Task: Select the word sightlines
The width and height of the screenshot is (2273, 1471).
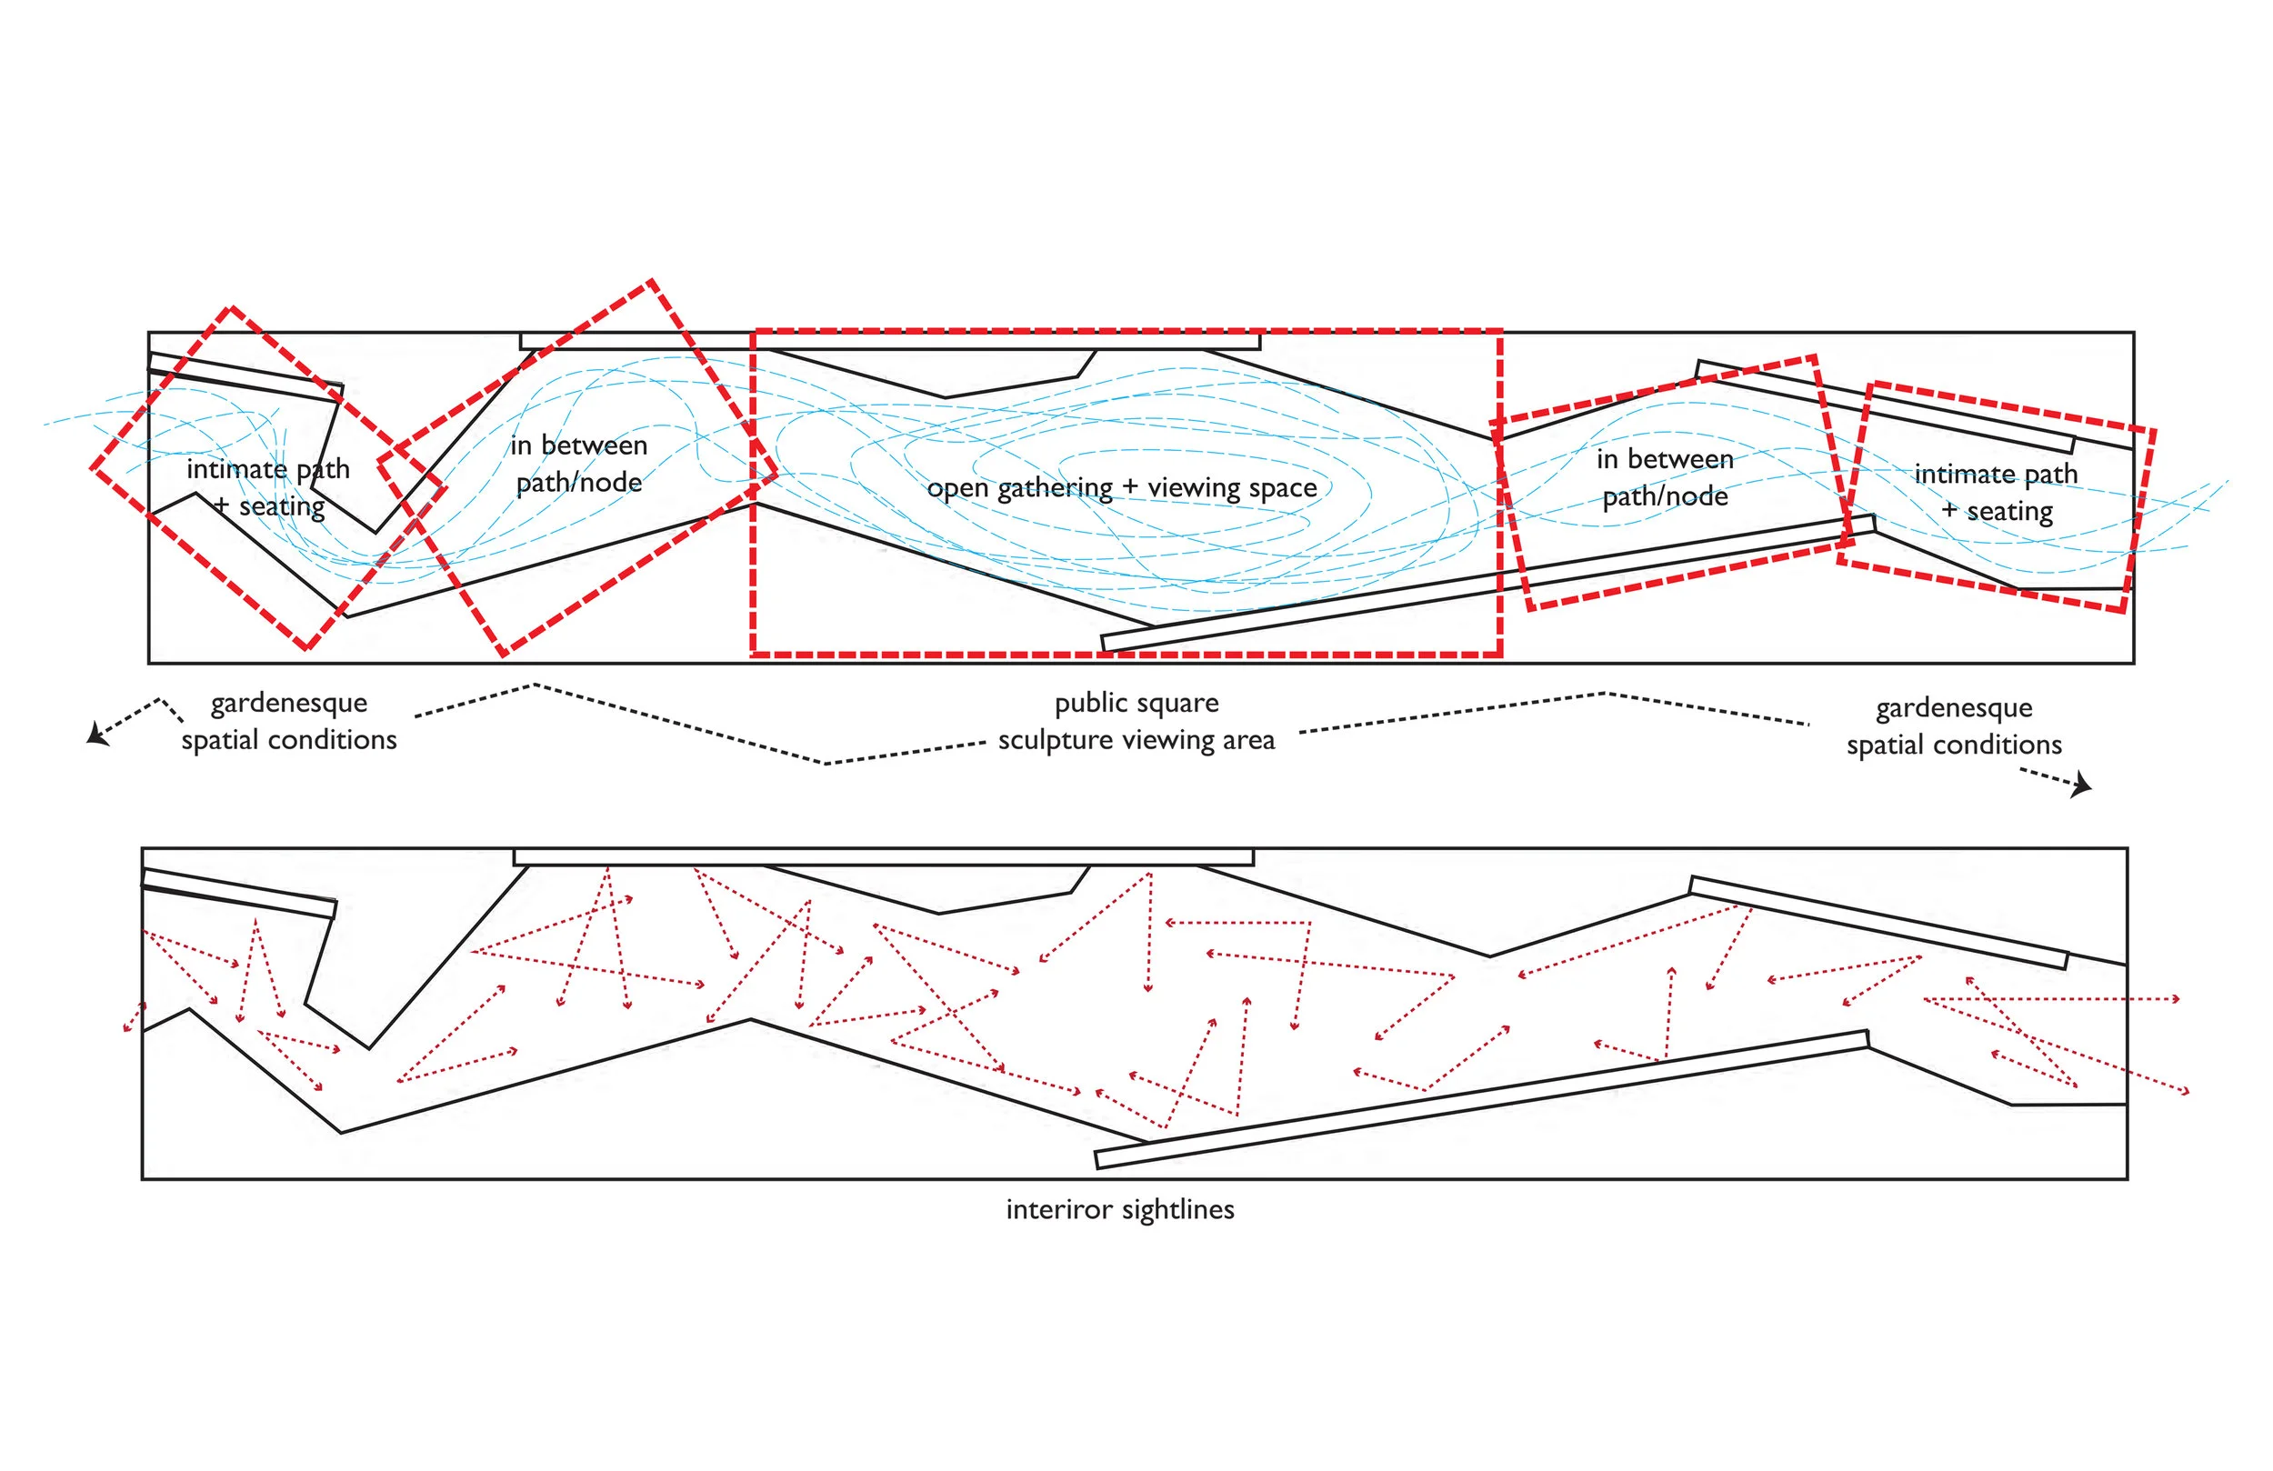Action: (x=1178, y=1210)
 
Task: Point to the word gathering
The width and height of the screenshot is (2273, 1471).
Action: (x=1055, y=489)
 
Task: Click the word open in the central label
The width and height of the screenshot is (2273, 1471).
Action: (x=957, y=489)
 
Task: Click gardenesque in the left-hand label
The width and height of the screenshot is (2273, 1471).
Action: (x=288, y=704)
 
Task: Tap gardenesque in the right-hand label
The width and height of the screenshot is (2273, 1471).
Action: (x=1954, y=709)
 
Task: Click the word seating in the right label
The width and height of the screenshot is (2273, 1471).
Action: (x=2009, y=513)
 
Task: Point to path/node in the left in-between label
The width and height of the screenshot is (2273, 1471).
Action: (x=579, y=484)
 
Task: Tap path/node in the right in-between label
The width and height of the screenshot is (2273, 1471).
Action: (x=1665, y=496)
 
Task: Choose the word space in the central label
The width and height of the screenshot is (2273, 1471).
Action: (x=1283, y=488)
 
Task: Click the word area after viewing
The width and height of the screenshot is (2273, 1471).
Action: (x=1248, y=740)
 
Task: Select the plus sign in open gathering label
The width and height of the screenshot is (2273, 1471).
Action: (x=1130, y=488)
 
